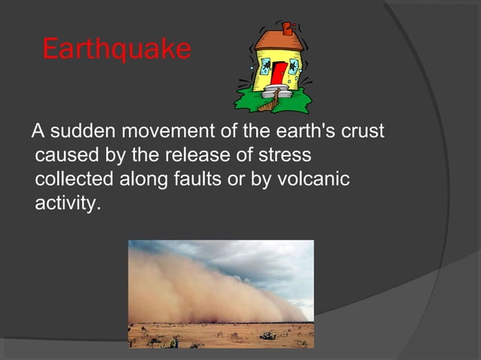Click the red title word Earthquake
pos(117,50)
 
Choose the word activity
pos(66,204)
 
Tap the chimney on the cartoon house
pos(286,28)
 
